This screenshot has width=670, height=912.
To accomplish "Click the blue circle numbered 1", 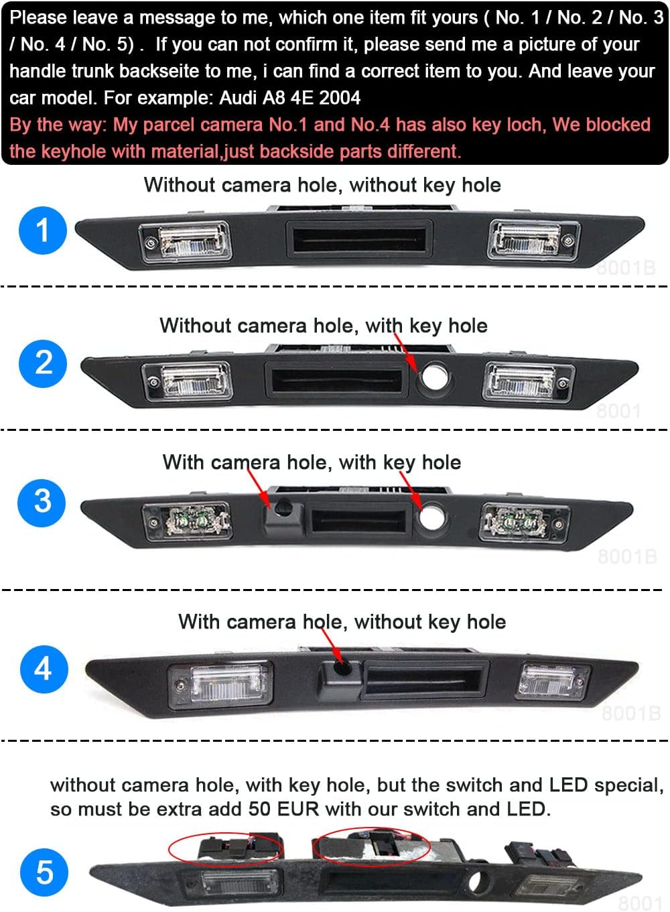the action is (x=43, y=231).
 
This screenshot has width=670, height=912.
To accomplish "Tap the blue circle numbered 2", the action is (x=43, y=364).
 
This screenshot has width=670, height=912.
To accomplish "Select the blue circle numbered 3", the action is (x=42, y=503).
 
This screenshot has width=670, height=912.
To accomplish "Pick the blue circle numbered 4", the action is (x=44, y=669).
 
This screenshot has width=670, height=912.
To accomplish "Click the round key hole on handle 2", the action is (x=435, y=376).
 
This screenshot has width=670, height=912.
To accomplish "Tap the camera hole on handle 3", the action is (x=283, y=508).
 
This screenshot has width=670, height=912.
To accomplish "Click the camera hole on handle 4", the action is (x=344, y=667).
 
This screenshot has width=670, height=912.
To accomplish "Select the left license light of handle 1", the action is (x=185, y=242).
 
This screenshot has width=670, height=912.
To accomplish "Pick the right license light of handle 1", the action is (x=533, y=239).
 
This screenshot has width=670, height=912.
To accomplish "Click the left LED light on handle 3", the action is (x=187, y=521).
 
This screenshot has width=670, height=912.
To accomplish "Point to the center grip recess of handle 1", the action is (x=359, y=240).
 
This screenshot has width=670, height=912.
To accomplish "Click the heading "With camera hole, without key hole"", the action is (x=342, y=622).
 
